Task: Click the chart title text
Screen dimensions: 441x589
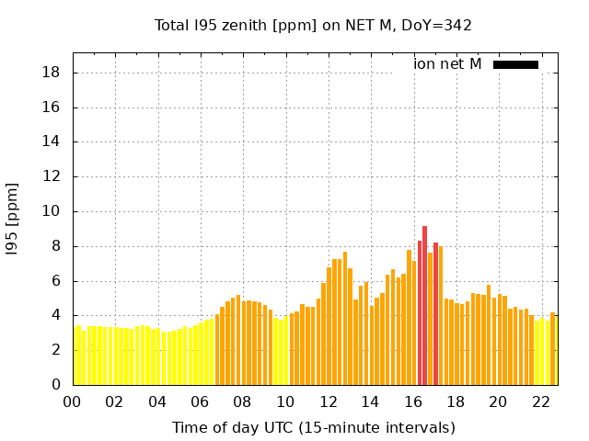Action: pos(313,25)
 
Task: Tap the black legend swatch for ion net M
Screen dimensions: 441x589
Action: pos(515,64)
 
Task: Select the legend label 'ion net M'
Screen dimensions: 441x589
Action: pos(447,64)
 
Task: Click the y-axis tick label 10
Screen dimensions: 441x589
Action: pos(52,211)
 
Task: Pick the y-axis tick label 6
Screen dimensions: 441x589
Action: pos(57,281)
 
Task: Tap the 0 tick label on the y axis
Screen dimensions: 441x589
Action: pos(57,385)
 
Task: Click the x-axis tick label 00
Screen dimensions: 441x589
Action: pos(72,401)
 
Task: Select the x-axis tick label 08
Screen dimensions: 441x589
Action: pos(242,401)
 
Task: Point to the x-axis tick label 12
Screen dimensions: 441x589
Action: pos(328,401)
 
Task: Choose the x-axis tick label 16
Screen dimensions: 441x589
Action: pos(412,401)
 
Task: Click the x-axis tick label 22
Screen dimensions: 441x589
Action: pos(540,401)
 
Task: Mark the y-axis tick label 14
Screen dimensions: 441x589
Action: pos(52,142)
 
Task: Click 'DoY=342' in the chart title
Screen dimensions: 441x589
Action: pos(435,25)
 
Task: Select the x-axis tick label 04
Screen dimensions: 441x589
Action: pos(157,401)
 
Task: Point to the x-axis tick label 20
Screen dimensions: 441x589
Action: pos(498,401)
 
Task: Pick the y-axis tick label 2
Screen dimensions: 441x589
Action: pos(57,350)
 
